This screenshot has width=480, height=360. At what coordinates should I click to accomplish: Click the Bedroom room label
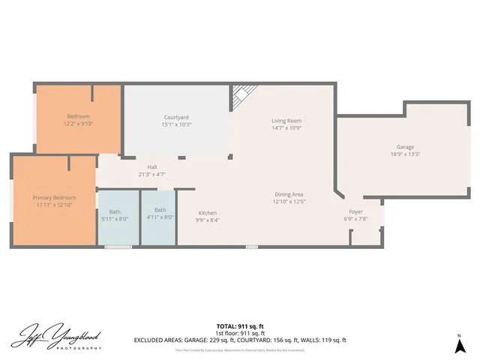click(78, 116)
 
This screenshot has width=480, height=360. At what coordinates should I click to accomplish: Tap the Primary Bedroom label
click(54, 197)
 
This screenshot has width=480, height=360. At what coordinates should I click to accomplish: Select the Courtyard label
click(177, 117)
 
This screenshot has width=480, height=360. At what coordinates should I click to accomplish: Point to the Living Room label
click(286, 120)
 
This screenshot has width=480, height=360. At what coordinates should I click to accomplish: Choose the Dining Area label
click(289, 194)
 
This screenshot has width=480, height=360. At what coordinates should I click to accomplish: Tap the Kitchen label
click(207, 212)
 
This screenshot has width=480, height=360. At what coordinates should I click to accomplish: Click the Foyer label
click(355, 212)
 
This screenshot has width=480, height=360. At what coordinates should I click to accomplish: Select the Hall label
click(151, 166)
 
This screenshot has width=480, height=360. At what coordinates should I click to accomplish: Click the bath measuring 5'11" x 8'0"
click(115, 215)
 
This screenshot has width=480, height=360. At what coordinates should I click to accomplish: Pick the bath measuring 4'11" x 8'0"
click(160, 214)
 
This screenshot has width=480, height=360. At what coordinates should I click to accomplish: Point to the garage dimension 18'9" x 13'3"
click(406, 154)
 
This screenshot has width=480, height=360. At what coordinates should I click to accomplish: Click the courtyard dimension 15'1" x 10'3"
click(177, 124)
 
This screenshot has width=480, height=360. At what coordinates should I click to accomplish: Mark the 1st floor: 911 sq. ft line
click(240, 333)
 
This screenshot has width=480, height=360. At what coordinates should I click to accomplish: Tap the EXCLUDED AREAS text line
click(240, 340)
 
